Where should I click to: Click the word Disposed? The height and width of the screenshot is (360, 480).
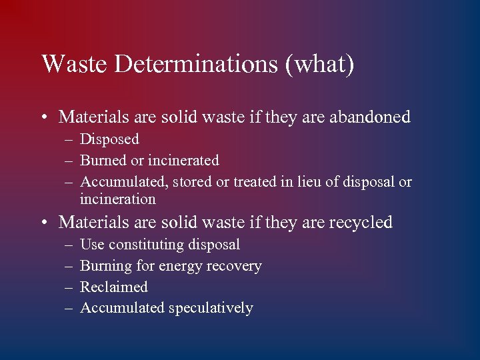click(109, 139)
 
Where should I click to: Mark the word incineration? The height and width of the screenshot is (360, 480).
click(117, 199)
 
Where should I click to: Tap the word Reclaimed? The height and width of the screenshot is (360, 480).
click(113, 287)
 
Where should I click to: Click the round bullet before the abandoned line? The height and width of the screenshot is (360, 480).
click(44, 118)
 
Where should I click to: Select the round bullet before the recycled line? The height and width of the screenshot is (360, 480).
click(44, 223)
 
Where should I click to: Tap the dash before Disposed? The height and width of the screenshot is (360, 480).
click(69, 140)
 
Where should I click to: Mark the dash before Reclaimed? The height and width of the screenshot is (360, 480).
click(69, 287)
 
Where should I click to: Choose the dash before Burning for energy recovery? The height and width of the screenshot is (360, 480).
click(69, 266)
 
